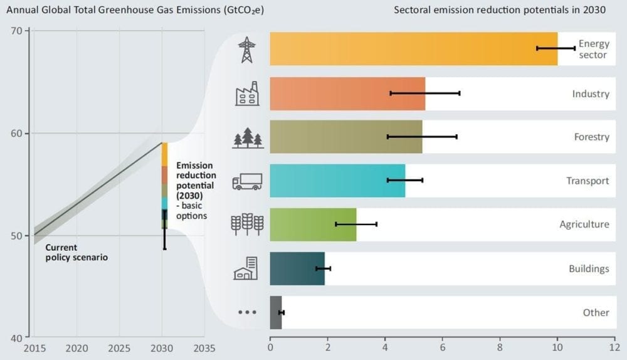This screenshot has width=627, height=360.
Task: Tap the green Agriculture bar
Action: pos(313,225)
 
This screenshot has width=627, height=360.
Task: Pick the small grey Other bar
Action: pos(276,312)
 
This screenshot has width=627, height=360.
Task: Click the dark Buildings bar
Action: pos(297,268)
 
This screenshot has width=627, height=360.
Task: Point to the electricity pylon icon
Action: pos(247,49)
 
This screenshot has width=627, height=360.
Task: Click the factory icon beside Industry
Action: pos(247,93)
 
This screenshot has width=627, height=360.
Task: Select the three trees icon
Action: pos(248,137)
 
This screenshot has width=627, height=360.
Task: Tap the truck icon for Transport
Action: pos(247,181)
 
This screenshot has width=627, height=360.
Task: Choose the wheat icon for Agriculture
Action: pos(247,224)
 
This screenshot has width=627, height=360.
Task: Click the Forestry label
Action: pos(591,137)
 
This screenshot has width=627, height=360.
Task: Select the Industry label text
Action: pos(591,93)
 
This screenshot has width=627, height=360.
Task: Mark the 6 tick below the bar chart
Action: pos(443,346)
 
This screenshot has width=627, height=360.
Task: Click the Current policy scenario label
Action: pos(76,252)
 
